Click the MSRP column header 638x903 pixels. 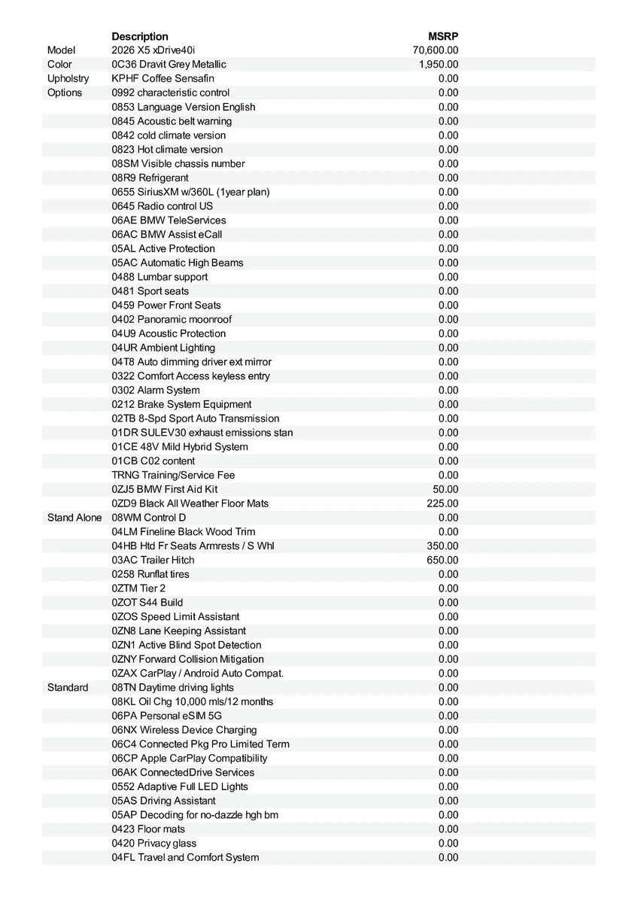click(443, 36)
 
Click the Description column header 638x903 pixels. click(140, 36)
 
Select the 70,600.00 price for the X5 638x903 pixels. click(436, 50)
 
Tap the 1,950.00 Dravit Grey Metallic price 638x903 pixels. click(439, 65)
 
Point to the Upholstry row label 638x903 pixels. click(68, 79)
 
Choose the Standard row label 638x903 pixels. click(68, 688)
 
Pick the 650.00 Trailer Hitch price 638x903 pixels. click(442, 560)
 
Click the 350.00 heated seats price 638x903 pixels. click(442, 546)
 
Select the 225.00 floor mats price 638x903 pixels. click(442, 503)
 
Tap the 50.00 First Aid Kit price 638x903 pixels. click(445, 489)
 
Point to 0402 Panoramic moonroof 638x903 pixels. click(172, 319)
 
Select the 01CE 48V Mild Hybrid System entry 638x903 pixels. click(180, 447)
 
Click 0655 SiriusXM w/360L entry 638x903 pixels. click(190, 192)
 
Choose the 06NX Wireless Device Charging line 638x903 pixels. click(184, 730)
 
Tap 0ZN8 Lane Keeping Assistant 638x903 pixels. click(179, 631)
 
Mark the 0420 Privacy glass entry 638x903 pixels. click(154, 844)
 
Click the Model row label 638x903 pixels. click(61, 50)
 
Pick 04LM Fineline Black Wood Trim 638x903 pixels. click(184, 532)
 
